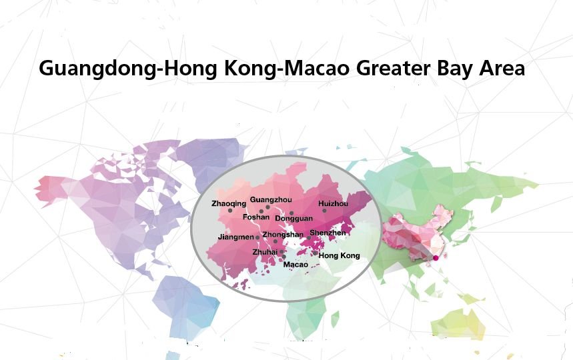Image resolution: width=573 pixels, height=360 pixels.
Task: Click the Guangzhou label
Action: [x=270, y=200]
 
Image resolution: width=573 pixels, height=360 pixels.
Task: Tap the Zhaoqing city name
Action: [x=228, y=203]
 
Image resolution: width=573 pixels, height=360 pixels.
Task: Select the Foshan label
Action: [x=256, y=217]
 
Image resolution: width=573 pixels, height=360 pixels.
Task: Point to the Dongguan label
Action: [x=294, y=219]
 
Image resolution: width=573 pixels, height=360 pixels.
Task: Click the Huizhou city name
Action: [x=333, y=203]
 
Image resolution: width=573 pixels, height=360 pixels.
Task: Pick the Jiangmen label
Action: [x=236, y=237]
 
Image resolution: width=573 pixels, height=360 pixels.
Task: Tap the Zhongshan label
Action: [x=282, y=235]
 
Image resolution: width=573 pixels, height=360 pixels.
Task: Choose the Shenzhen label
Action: [x=328, y=233]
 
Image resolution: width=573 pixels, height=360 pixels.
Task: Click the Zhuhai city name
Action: [x=265, y=253]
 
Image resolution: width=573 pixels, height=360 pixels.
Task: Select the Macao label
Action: [x=296, y=265]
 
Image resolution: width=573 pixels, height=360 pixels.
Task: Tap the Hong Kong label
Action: [x=339, y=256]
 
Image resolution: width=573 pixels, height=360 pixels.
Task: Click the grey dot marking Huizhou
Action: [x=325, y=211]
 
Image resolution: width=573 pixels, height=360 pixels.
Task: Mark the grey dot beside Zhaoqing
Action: [x=230, y=211]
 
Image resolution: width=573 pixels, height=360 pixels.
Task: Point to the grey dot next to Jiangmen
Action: [x=258, y=237]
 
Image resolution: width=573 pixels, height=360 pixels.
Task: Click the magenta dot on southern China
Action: [x=436, y=257]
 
